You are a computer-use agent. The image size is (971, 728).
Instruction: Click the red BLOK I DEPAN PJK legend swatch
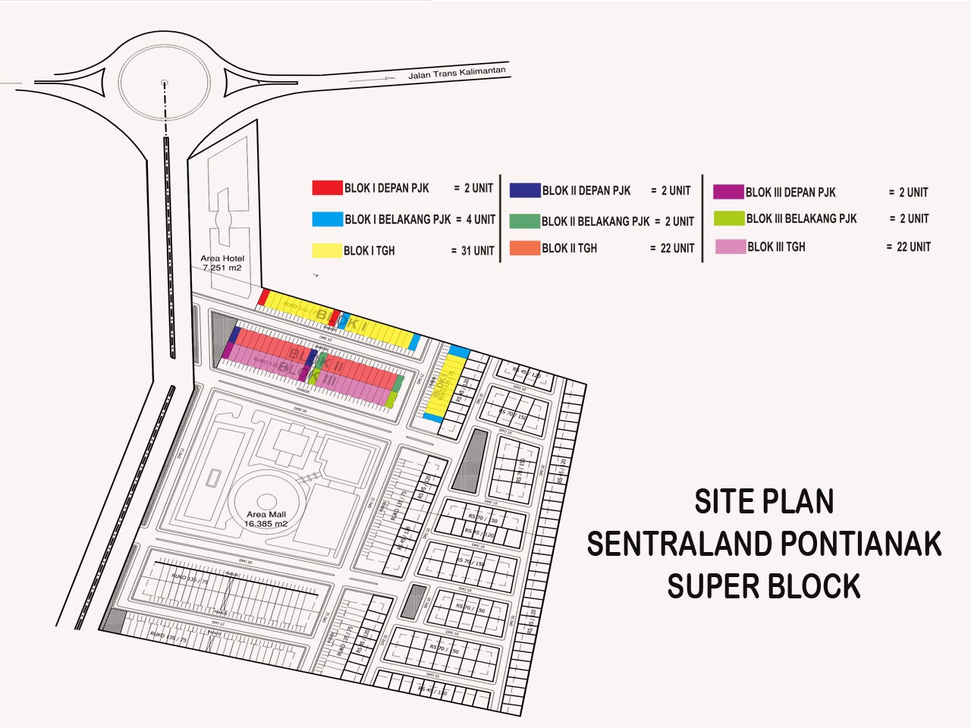(327, 188)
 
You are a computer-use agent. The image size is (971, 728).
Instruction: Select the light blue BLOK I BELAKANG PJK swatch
(327, 219)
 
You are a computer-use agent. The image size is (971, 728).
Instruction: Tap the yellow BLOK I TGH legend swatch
(327, 250)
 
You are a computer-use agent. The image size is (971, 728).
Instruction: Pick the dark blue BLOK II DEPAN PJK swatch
(525, 190)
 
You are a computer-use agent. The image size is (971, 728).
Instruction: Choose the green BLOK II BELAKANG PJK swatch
(525, 221)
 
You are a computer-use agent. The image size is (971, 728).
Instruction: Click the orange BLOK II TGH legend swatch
(525, 248)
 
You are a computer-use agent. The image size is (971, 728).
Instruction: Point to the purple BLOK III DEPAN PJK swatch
(728, 192)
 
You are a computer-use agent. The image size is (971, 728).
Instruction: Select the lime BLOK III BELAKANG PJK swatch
(729, 218)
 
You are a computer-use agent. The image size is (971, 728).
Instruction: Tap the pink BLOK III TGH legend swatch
(730, 246)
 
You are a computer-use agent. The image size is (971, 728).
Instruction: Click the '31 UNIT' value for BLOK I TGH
(477, 251)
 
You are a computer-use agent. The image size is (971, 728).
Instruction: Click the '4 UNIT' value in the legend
(480, 219)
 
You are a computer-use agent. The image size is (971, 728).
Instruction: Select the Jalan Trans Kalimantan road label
(456, 74)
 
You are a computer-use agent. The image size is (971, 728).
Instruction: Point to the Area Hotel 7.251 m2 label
(222, 263)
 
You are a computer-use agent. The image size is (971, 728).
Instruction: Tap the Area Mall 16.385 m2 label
(266, 519)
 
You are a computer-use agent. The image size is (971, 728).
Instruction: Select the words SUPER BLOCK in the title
(764, 586)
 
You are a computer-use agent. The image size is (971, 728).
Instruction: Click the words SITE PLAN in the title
(764, 502)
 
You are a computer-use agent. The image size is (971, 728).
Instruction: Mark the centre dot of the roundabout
(164, 83)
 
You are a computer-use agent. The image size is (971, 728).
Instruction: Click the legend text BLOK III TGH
(776, 246)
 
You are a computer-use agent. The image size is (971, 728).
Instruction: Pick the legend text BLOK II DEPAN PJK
(586, 190)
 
